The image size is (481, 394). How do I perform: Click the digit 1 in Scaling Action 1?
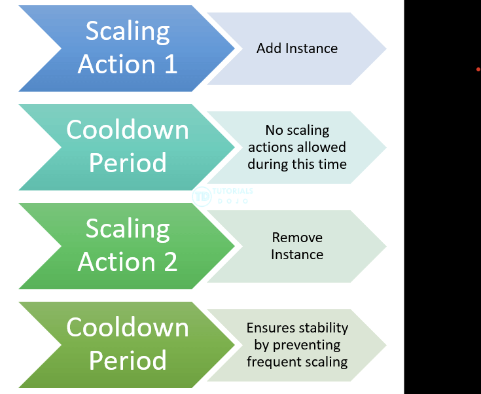click(171, 64)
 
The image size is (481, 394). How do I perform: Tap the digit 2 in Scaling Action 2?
click(171, 262)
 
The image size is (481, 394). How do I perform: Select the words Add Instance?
click(297, 48)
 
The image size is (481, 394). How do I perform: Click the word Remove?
click(297, 238)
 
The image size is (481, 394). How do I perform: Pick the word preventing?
click(306, 345)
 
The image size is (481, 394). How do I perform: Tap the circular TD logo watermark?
click(202, 196)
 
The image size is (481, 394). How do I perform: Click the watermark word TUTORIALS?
click(233, 191)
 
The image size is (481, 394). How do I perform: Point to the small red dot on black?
click(478, 69)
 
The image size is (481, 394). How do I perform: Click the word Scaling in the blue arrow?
click(128, 31)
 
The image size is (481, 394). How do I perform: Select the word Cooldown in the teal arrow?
click(128, 130)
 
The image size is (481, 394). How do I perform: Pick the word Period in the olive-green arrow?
click(128, 361)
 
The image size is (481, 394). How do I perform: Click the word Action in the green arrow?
click(116, 262)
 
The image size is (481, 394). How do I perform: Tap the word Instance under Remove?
click(297, 255)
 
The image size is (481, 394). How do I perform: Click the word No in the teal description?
click(274, 130)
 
